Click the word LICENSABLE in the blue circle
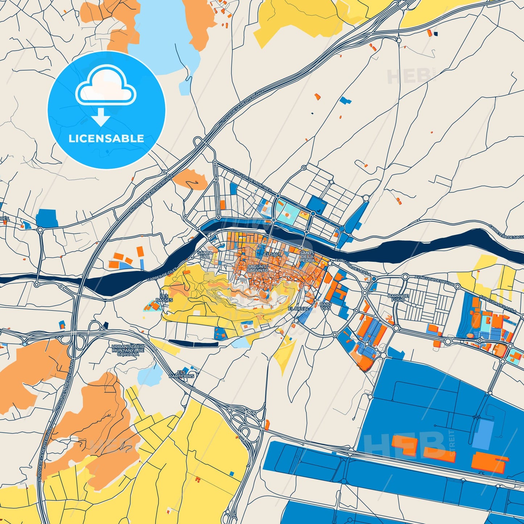point(106,139)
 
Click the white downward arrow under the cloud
point(101,117)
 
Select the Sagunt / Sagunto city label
point(258,268)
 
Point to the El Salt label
point(272,255)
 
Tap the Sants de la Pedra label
point(307,256)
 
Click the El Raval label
point(298,309)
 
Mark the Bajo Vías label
point(325,306)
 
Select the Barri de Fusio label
point(398,298)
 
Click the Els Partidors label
point(181,374)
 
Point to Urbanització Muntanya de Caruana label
point(128,350)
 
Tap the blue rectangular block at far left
point(47,218)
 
